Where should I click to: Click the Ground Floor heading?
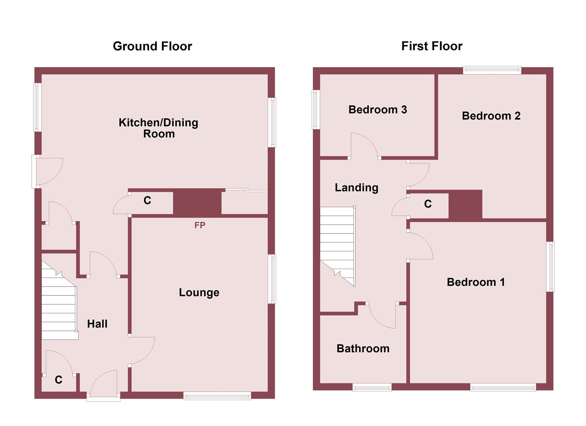click(152, 46)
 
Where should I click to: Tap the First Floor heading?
click(432, 46)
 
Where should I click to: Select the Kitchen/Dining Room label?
click(159, 128)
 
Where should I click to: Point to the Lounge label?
click(199, 292)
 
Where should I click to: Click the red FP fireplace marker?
click(200, 225)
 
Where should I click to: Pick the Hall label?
click(97, 324)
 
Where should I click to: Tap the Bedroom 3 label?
click(378, 110)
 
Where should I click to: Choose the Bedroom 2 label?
click(491, 116)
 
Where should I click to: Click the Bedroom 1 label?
click(476, 282)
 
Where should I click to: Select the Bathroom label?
click(363, 349)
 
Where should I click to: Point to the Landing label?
click(356, 188)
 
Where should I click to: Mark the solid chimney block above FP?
click(197, 202)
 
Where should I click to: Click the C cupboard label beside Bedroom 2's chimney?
click(428, 204)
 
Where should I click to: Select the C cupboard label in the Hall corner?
click(58, 380)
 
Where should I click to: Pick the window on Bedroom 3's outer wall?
click(316, 110)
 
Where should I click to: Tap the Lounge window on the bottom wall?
click(217, 395)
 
